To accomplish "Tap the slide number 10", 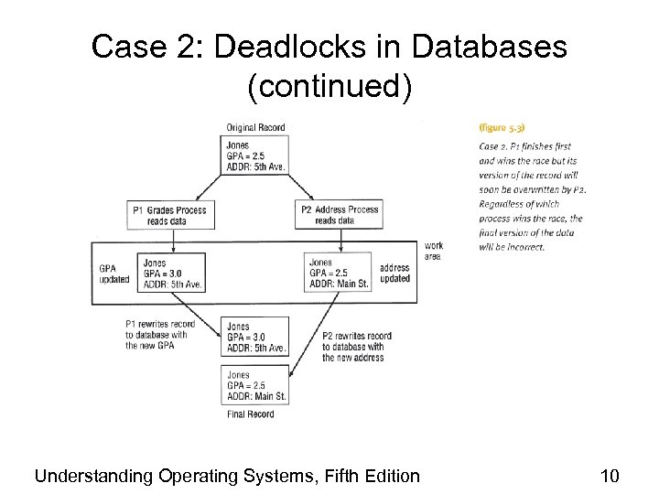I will click(610, 475).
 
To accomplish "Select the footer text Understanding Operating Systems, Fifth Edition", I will click(226, 475).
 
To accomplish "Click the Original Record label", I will click(256, 128).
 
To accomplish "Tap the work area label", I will click(434, 252).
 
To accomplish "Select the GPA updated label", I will click(114, 274).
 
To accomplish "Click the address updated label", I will click(394, 274).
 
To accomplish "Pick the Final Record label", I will click(250, 414).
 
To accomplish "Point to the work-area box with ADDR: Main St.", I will click(340, 273).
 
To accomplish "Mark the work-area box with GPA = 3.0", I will click(172, 273).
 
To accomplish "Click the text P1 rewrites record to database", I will click(160, 334).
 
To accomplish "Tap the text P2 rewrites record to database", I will click(357, 347).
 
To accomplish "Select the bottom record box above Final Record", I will click(256, 386).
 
